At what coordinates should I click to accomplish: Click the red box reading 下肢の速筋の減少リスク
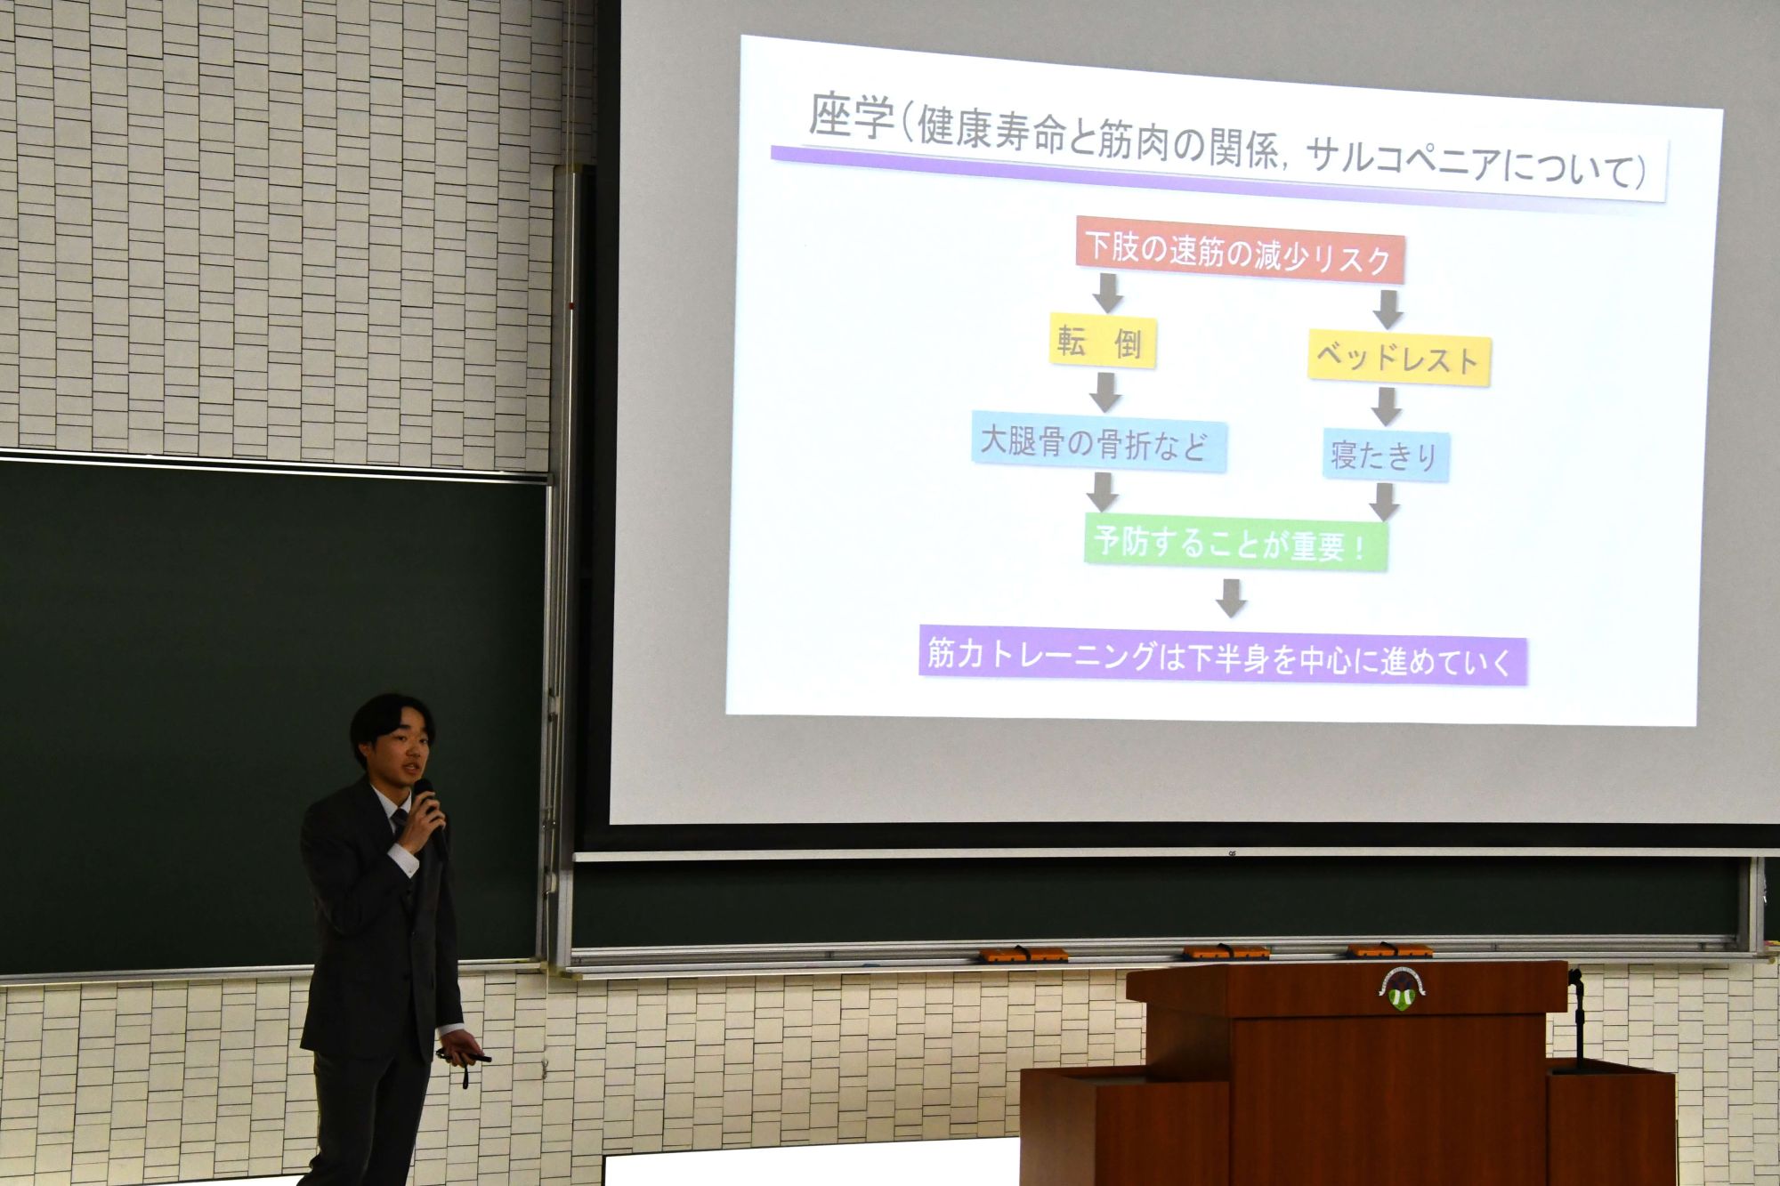click(1240, 250)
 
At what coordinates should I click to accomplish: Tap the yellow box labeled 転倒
click(1102, 341)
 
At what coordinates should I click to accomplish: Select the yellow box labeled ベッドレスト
click(1398, 359)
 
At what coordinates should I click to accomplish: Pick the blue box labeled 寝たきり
click(1386, 456)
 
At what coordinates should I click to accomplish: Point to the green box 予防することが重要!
click(1235, 542)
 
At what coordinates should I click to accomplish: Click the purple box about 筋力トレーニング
click(1222, 656)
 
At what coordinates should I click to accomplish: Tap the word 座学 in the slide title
click(851, 117)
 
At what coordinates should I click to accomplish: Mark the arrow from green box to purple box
click(1231, 598)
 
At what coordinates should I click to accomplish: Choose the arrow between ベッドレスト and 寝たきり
click(1385, 407)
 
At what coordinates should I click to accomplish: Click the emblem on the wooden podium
click(1402, 988)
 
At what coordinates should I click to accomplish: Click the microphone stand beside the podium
click(1578, 1019)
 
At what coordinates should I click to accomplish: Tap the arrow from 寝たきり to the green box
click(1383, 503)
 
